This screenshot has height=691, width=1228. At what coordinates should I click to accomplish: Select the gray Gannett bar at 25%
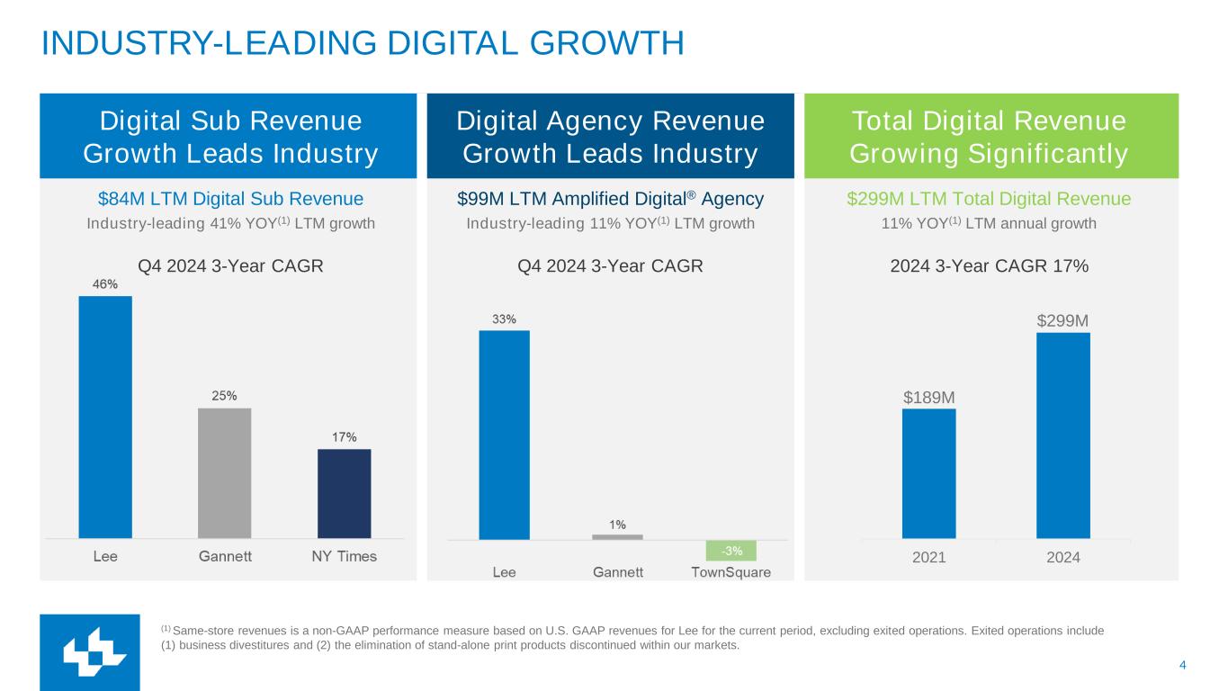point(224,472)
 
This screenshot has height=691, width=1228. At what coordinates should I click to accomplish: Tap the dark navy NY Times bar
point(344,493)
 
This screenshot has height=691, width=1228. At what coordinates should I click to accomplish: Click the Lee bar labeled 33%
point(504,435)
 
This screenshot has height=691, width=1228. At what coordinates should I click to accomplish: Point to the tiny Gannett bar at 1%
point(617,537)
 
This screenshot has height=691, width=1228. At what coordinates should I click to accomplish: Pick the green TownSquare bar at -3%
point(731,551)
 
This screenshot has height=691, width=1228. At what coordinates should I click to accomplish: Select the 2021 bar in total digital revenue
point(928,473)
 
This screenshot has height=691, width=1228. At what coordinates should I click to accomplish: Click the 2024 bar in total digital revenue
point(1062,435)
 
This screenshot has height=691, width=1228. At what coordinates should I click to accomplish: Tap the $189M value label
point(929,397)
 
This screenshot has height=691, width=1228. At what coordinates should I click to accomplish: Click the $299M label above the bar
point(1062,321)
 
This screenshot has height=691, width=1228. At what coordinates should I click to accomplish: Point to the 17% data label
point(344,437)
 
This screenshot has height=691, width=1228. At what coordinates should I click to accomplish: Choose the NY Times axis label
point(344,557)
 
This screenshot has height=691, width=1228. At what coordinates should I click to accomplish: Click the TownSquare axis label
point(731,573)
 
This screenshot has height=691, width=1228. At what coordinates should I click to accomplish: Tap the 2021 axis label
point(928,558)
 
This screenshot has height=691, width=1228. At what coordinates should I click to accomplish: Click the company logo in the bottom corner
point(89,652)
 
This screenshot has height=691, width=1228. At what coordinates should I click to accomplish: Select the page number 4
point(1182,665)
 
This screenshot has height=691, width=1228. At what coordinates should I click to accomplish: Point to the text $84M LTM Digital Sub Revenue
point(230,199)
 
